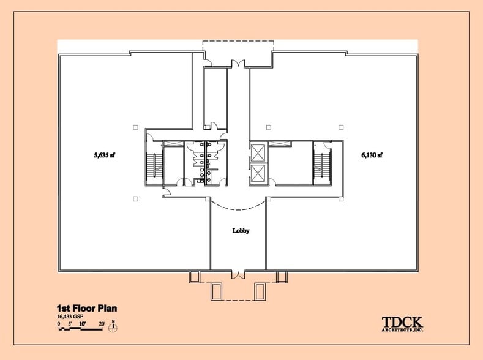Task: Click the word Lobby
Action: click(241, 231)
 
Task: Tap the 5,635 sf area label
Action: click(105, 156)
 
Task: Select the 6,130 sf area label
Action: click(372, 156)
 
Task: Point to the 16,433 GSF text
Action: click(71, 317)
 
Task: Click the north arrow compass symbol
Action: click(113, 327)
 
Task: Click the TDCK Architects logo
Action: click(402, 323)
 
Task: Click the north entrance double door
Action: click(238, 63)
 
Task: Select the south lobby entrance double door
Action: click(238, 273)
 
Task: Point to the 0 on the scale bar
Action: click(59, 323)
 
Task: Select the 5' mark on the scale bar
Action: click(70, 323)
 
